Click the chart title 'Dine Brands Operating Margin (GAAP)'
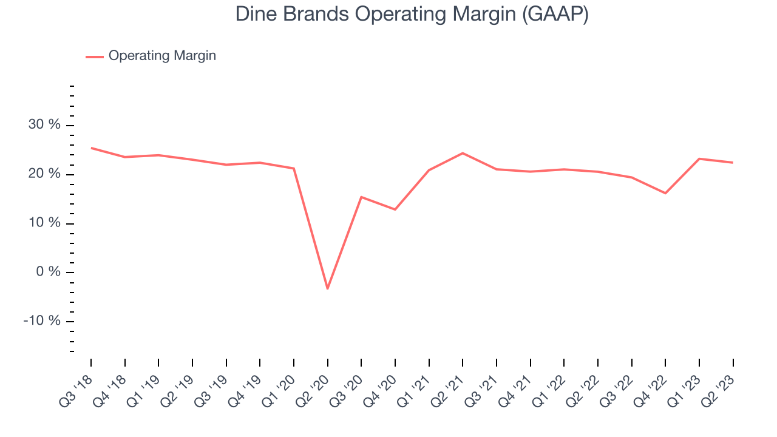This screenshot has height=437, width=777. pos(412,15)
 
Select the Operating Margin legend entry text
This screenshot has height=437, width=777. pos(162,56)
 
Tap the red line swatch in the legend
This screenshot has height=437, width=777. pos(95,57)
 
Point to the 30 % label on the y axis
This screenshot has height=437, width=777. pos(44,124)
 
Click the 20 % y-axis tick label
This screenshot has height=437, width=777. pos(44,174)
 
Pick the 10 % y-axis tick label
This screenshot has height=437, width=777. pos(44,223)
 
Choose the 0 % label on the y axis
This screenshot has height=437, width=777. pos(48,271)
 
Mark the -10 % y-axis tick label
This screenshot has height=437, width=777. pos(42,321)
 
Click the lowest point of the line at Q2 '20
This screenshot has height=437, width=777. pos(327,288)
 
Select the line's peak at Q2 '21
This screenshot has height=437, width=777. pos(463,153)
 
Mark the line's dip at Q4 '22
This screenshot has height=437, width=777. pos(665,193)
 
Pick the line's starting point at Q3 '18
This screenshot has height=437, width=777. pos(91,148)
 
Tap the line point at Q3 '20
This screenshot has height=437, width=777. pos(361,197)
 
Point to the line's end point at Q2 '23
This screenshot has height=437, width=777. pos(733,162)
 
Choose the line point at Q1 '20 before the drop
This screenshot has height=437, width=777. pos(294,169)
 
